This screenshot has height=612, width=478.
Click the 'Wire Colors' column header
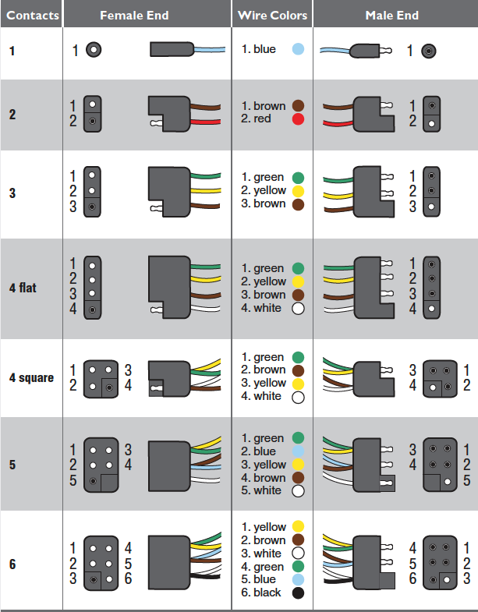point(272,15)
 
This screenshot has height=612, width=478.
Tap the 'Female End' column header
point(134,15)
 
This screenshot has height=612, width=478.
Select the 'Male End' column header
point(391,15)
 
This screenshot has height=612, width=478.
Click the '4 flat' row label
point(23,288)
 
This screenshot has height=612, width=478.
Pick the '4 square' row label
point(31,377)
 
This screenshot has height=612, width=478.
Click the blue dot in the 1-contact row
point(297,49)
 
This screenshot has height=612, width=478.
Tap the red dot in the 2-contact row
point(298,119)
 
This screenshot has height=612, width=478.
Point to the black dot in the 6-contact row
point(297,593)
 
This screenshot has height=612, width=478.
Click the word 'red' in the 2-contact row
point(262,119)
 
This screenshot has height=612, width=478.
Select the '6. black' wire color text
point(261,593)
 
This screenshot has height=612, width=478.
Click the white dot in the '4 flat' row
point(298,308)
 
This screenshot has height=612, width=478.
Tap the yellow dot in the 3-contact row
point(298,191)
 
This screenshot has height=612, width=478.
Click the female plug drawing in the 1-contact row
point(170,50)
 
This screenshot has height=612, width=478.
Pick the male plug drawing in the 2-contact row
point(374,113)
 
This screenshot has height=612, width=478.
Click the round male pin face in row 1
point(428,51)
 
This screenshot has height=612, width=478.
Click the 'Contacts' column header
point(31,15)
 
